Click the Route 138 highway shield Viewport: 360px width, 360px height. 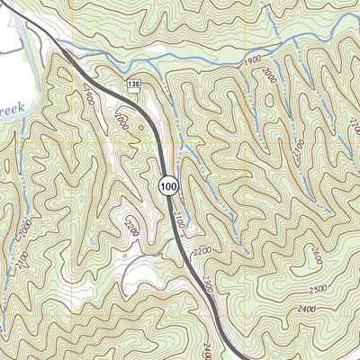[133, 84]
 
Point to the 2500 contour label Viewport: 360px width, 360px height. [316, 290]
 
